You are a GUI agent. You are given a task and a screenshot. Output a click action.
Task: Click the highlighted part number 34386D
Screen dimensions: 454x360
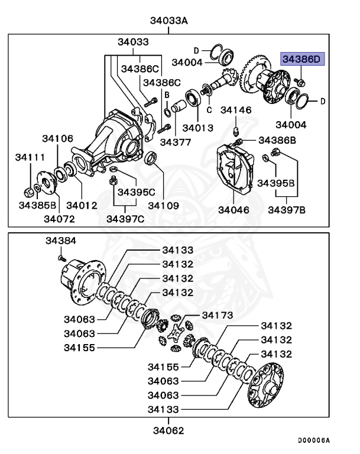(x=303, y=59)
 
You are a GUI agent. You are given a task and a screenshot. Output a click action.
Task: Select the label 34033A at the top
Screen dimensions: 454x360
(x=168, y=21)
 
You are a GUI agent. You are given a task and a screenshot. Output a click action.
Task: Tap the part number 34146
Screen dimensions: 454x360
(x=236, y=110)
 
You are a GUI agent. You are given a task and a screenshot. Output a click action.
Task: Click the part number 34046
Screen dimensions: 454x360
(x=233, y=209)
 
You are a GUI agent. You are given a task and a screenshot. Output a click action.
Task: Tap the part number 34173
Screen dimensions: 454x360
(x=218, y=314)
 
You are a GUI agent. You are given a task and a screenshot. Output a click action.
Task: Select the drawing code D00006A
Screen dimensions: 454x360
(x=313, y=440)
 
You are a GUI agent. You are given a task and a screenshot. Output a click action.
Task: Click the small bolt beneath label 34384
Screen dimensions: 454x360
(x=60, y=257)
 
